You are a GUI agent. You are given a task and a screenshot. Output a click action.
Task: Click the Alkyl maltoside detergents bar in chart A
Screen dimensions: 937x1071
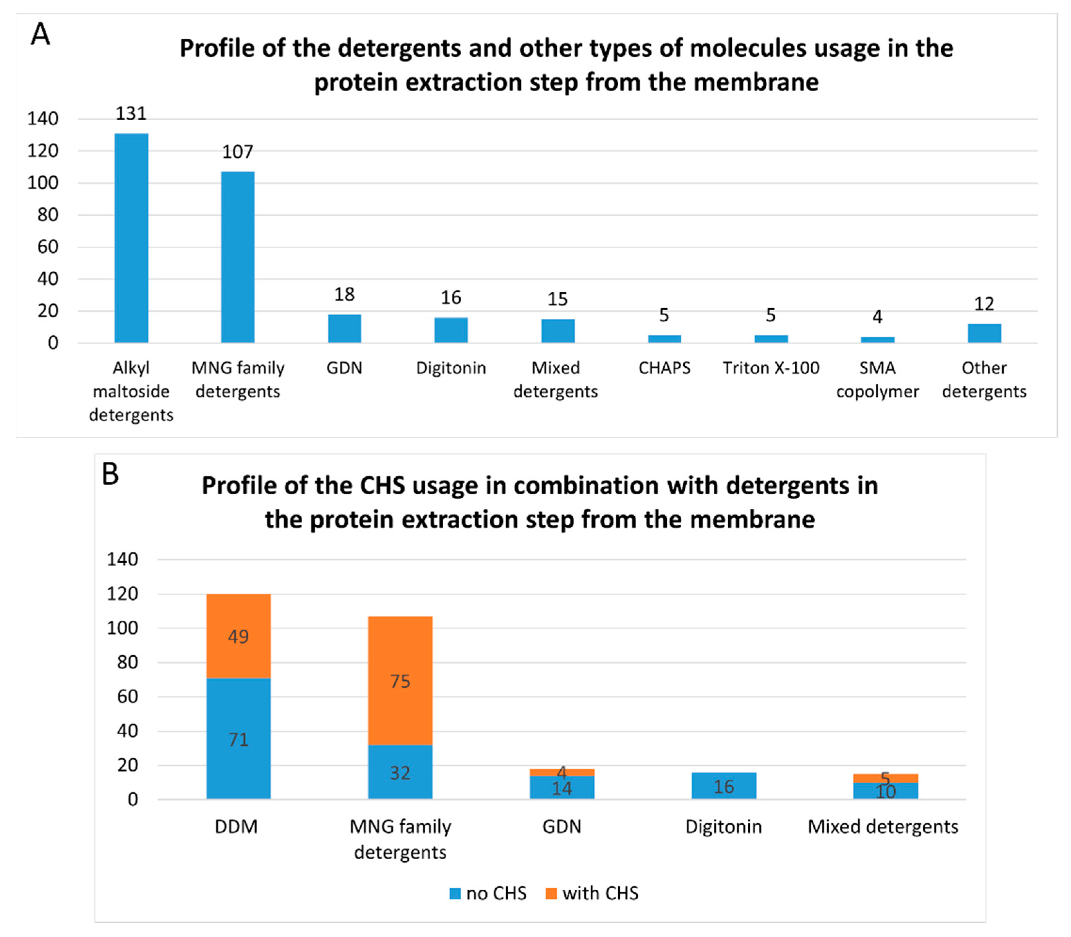[131, 238]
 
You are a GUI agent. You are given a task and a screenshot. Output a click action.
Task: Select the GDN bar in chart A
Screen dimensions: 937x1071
[344, 328]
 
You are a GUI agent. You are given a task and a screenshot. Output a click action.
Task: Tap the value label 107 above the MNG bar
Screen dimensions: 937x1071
[238, 152]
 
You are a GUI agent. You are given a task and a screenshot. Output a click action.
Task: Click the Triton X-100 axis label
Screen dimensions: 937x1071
[771, 368]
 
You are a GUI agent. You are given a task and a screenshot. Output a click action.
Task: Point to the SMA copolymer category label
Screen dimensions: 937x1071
[877, 380]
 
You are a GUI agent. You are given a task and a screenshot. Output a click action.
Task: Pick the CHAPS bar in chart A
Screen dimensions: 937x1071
[664, 339]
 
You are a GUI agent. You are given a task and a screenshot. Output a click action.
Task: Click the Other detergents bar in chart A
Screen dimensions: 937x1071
[984, 334]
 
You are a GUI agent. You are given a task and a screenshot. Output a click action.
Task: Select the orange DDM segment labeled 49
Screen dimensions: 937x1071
[239, 636]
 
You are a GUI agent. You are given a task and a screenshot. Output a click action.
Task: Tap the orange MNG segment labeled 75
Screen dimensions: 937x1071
[400, 681]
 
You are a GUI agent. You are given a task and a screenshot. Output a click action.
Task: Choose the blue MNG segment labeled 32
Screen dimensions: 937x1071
[400, 772]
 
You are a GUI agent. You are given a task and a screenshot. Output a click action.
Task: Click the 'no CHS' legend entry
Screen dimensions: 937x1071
[488, 893]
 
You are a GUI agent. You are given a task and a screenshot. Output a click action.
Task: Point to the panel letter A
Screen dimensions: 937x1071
[40, 35]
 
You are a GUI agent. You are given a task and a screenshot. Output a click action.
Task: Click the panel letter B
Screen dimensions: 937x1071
[110, 474]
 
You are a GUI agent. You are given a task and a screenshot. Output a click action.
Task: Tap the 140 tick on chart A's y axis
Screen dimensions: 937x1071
[43, 119]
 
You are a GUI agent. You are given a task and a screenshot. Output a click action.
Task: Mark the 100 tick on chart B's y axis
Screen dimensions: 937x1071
[122, 628]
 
